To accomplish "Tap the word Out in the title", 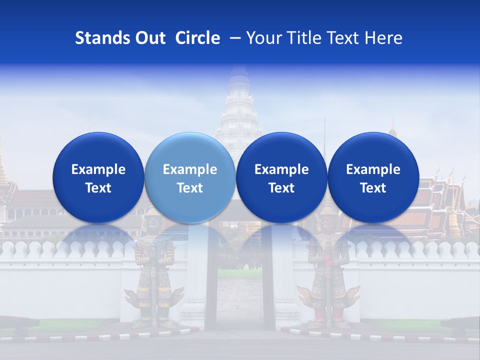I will click(x=149, y=38).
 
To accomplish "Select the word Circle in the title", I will click(x=197, y=38).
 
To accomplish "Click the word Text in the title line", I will click(x=343, y=38).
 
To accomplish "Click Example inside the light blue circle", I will click(x=190, y=169).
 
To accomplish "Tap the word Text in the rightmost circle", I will click(x=373, y=188).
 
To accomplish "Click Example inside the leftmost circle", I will click(x=98, y=169).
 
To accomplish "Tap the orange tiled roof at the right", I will click(x=440, y=200).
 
